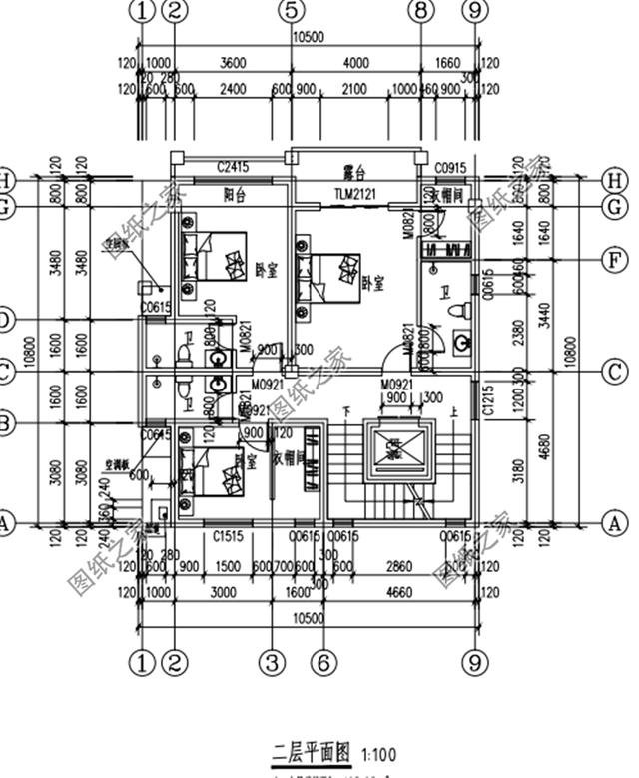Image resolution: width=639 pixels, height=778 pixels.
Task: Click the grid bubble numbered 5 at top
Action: [x=290, y=11]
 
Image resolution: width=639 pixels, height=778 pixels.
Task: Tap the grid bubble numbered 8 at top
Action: [x=420, y=11]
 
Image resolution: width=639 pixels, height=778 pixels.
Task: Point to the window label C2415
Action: [x=232, y=166]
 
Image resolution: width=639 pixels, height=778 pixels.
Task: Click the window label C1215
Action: [x=488, y=399]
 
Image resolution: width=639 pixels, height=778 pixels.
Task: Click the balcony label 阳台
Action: [x=236, y=195]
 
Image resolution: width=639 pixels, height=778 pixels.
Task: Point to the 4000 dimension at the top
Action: [x=355, y=63]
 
